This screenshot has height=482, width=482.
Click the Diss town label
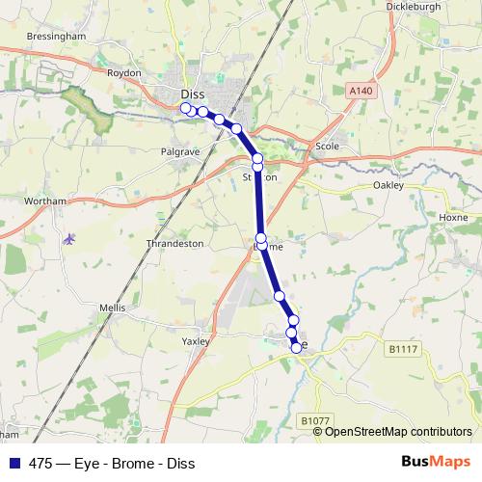pos(192,94)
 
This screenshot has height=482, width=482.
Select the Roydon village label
pos(125,73)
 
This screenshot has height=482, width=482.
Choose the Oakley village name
pos(388,185)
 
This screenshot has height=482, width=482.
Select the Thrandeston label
pos(174,244)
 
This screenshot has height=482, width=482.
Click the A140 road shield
pos(359,90)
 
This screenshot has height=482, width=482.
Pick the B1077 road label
pos(314,421)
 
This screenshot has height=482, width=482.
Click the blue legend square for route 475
pos(14,463)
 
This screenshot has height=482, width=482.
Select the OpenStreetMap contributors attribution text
pos(398,432)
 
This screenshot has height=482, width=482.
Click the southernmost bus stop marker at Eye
pos(296,348)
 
